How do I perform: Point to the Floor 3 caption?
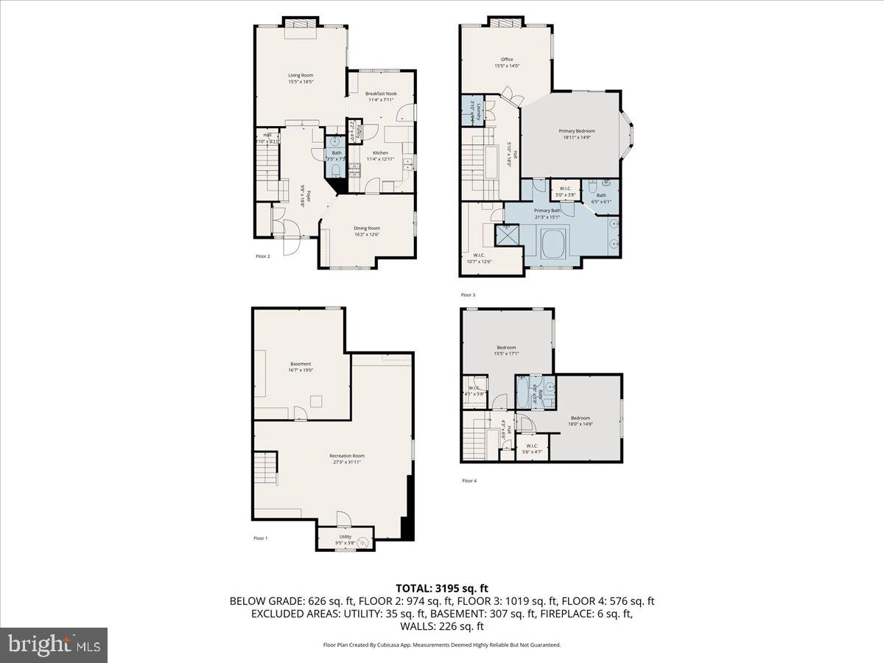tap(469, 295)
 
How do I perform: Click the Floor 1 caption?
tap(261, 539)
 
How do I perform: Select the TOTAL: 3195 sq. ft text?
tap(442, 588)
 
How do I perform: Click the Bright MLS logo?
tap(54, 645)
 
